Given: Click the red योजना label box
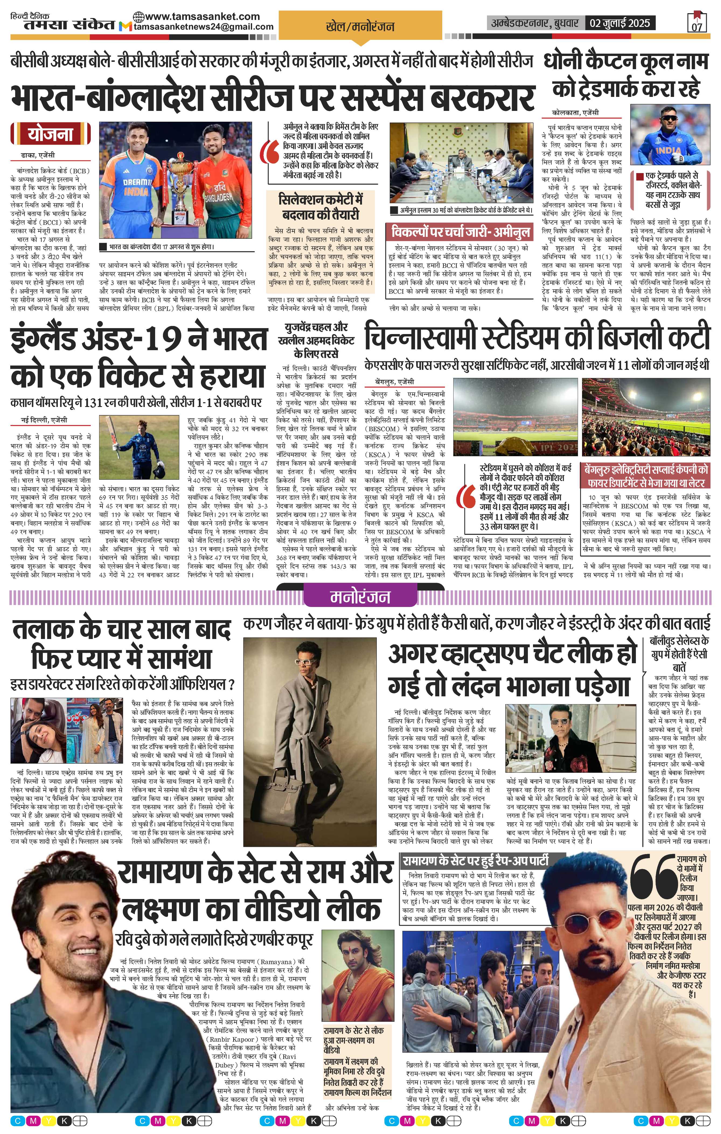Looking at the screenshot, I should click(50, 134).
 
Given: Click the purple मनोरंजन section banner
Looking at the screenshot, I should click(360, 597).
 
